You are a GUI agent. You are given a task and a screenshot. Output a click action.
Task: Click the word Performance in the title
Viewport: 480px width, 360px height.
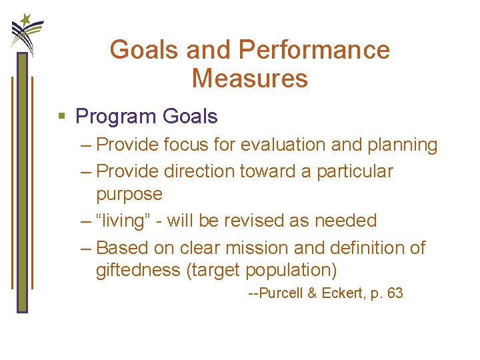(x=313, y=50)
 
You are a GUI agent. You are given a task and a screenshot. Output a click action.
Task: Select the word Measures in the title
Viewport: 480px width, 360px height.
(x=249, y=79)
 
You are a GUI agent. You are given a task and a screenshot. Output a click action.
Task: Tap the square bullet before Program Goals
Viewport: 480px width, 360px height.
(x=62, y=117)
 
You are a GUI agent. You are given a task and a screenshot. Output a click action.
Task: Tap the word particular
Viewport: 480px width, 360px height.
(x=355, y=171)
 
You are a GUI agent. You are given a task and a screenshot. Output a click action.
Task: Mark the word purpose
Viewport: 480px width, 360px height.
(x=129, y=194)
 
